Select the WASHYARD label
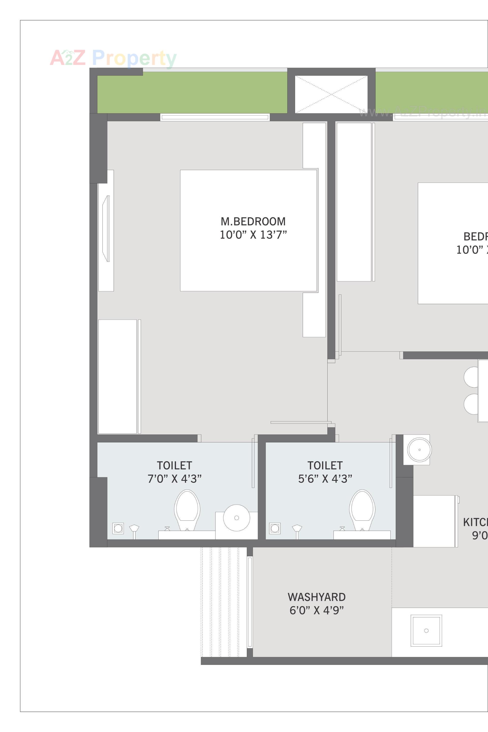[x=316, y=597]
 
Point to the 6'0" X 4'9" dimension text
[x=316, y=610]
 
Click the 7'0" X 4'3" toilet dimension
[x=174, y=479]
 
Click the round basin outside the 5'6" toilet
[x=419, y=450]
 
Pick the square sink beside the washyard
[x=426, y=631]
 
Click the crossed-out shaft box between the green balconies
[x=331, y=94]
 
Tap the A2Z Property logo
[x=113, y=58]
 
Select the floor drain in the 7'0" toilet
[x=118, y=528]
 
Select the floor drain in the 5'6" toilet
[x=275, y=528]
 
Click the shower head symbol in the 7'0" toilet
[x=134, y=529]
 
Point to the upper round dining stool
[x=471, y=377]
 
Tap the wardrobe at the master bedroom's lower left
[x=117, y=377]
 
